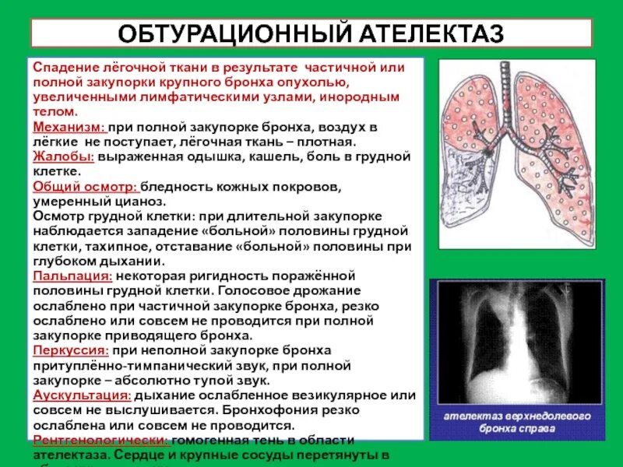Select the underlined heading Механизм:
click(x=69, y=127)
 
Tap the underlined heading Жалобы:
click(x=63, y=156)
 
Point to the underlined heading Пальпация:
click(x=72, y=276)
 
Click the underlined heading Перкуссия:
click(x=72, y=351)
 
